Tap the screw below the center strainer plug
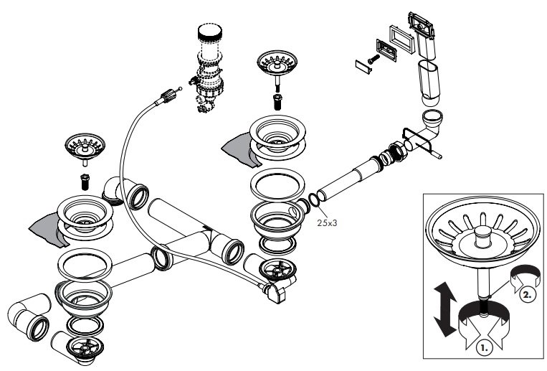pyautogui.click(x=277, y=100)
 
